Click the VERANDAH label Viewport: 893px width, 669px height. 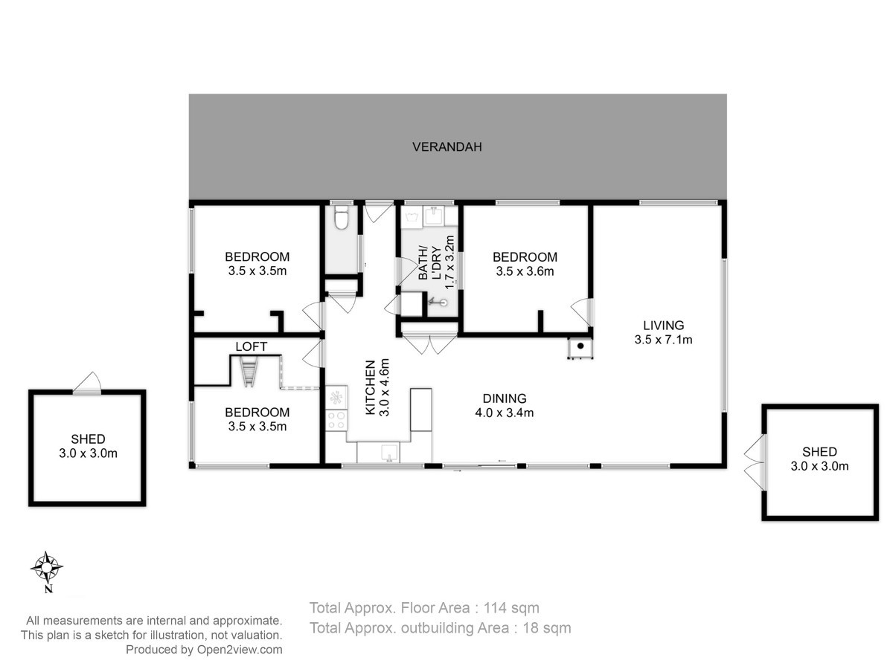446,146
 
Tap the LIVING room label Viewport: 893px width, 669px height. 663,325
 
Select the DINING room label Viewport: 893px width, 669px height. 504,398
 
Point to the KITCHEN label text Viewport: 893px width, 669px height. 370,387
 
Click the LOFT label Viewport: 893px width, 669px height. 251,346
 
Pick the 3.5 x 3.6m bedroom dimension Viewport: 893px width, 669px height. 525,271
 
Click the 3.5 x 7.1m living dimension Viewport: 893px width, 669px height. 663,339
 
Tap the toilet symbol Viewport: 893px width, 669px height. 341,217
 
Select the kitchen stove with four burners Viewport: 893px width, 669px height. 336,420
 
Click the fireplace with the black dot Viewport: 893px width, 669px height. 580,347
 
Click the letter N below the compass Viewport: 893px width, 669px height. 48,589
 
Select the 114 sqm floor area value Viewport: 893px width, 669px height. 511,608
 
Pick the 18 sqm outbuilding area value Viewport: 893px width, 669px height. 547,628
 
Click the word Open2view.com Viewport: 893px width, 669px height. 240,650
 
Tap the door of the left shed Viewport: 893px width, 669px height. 87,383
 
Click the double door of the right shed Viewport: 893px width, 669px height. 755,462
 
